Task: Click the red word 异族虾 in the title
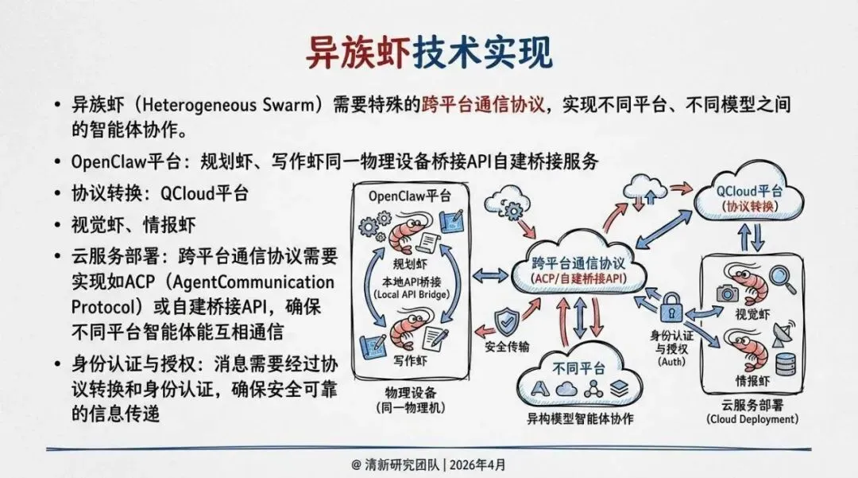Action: [x=358, y=53]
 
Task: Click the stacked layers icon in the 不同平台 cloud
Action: [x=619, y=389]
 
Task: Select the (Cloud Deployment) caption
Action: [x=751, y=418]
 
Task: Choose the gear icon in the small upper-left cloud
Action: [x=512, y=209]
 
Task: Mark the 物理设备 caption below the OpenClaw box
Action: [x=411, y=393]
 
